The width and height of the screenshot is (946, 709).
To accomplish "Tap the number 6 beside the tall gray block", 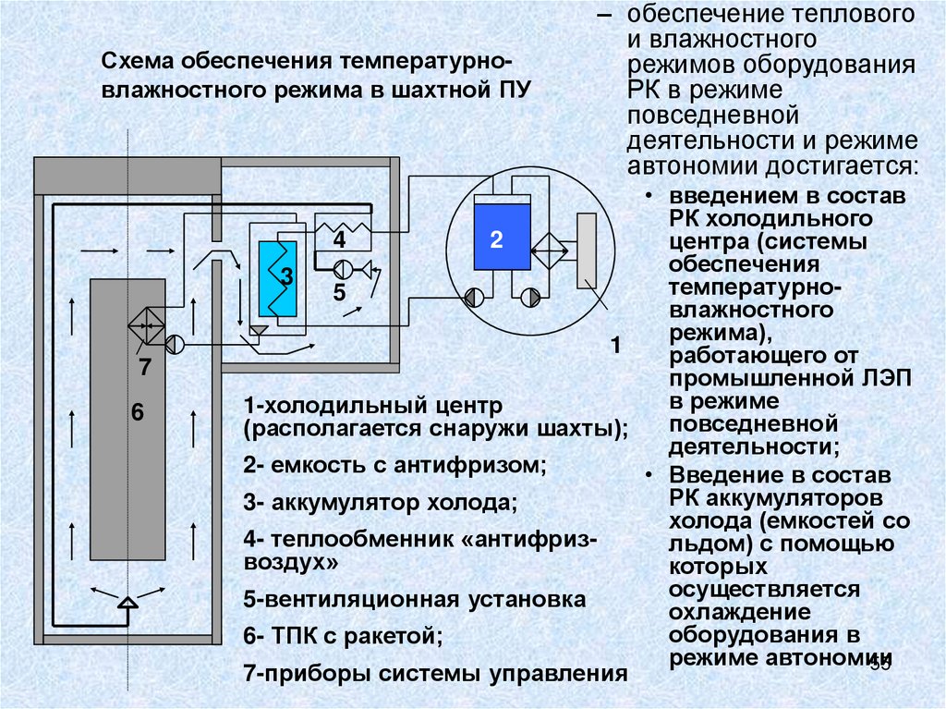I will coord(138,413).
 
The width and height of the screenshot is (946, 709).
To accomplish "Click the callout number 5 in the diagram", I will coord(339,293).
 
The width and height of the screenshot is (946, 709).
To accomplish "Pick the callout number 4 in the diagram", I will coord(339,240).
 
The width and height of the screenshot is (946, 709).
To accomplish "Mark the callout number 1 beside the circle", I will coord(614,346).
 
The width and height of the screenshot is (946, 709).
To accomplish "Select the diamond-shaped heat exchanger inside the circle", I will coord(552,249).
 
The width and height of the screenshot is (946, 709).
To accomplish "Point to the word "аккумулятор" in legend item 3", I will coord(334,504).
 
